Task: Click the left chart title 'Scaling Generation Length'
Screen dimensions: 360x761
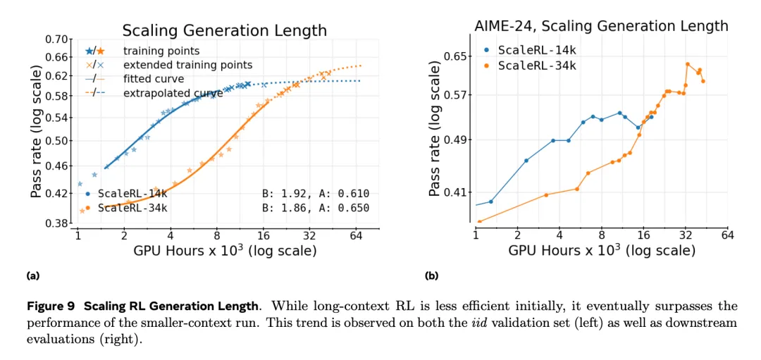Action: [224, 30]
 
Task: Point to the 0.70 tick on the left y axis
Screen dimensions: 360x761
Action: [59, 39]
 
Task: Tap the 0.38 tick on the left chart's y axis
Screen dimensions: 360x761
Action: [59, 223]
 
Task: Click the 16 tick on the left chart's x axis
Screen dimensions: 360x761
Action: [264, 235]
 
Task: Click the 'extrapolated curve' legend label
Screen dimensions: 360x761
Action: [173, 93]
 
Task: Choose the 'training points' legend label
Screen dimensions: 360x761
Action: [161, 51]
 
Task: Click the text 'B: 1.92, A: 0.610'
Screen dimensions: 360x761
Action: [315, 193]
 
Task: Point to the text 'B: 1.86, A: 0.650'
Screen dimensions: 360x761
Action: [315, 207]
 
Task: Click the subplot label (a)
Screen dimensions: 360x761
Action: [32, 275]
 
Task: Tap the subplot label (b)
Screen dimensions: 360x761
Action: [432, 275]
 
